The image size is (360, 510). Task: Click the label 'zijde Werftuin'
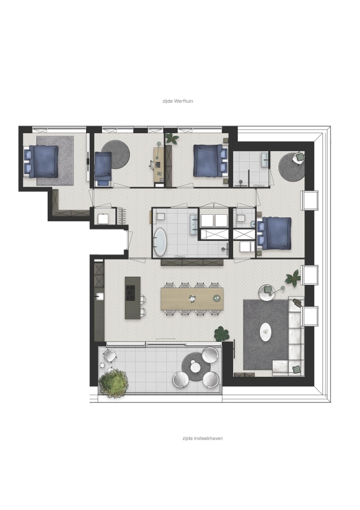click(178, 101)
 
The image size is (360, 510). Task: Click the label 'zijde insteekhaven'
click(203, 439)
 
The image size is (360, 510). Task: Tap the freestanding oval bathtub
click(160, 242)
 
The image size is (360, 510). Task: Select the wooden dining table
click(192, 298)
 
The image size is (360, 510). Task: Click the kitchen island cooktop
click(131, 293)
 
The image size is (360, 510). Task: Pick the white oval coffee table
click(266, 331)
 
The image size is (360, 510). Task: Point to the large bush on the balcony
click(113, 383)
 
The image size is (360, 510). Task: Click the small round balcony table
click(196, 367)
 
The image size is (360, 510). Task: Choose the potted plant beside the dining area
click(222, 333)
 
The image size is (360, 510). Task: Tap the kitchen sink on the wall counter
click(99, 296)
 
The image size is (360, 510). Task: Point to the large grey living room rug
click(266, 335)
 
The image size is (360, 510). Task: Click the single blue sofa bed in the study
click(103, 169)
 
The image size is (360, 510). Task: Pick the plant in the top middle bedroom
click(171, 138)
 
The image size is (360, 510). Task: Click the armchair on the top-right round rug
click(299, 157)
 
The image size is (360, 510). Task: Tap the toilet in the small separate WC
click(241, 218)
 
